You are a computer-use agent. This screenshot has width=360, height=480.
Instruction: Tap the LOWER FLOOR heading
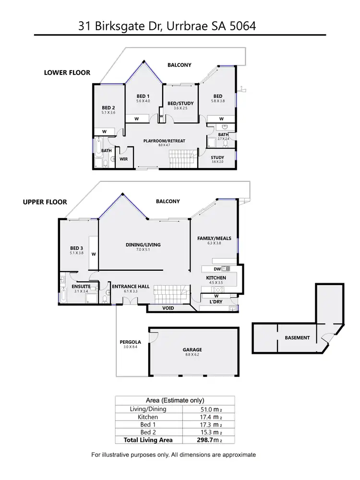tap(67, 73)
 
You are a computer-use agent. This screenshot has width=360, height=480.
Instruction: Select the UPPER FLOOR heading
tap(45, 202)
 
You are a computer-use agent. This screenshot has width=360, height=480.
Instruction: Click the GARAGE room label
tap(192, 350)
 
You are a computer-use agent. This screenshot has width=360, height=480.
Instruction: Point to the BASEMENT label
tap(297, 338)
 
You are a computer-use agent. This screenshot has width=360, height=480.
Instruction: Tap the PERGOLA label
tap(128, 342)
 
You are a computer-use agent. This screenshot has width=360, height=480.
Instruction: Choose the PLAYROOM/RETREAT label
tap(164, 141)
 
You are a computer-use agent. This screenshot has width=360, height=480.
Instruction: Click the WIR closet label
tap(123, 159)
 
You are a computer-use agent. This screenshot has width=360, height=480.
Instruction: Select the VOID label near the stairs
tap(168, 308)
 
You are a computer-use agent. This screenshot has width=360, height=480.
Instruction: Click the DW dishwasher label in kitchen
tap(217, 269)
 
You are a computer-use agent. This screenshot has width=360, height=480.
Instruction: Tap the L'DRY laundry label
tap(215, 302)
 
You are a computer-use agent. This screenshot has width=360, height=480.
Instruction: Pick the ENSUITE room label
tap(81, 287)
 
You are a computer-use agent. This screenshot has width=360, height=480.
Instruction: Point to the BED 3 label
tap(76, 248)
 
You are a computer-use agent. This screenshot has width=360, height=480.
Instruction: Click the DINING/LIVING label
tap(143, 245)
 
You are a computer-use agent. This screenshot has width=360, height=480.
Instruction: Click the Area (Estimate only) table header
tap(175, 400)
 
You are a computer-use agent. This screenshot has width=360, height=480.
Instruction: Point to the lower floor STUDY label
tap(218, 157)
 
